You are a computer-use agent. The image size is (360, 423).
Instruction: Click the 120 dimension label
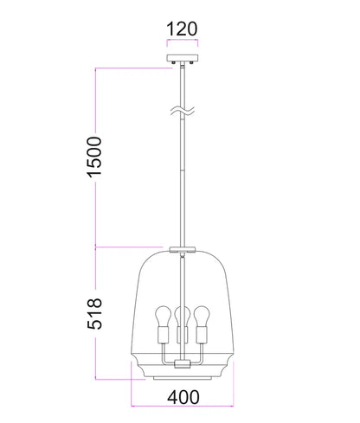(x=182, y=29)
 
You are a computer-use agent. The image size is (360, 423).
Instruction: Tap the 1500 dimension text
(x=94, y=157)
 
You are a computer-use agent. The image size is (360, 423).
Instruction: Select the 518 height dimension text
(x=94, y=313)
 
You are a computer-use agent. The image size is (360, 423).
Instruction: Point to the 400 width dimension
(x=183, y=397)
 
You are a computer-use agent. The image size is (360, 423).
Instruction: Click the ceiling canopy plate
(x=183, y=58)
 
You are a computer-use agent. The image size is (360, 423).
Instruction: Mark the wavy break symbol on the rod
(x=183, y=111)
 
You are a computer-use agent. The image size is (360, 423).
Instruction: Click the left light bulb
(x=164, y=316)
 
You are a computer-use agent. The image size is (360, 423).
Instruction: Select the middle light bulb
(x=183, y=316)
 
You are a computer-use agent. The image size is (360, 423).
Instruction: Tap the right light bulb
(x=202, y=316)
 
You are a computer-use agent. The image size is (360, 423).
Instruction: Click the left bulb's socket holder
(x=164, y=335)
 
